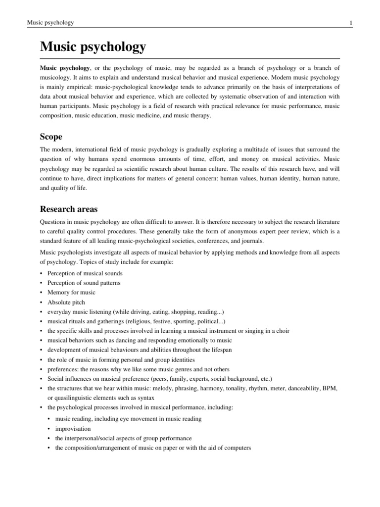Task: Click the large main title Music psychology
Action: pos(93,47)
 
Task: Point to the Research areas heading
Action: pos(71,209)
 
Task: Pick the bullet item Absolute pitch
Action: pos(66,302)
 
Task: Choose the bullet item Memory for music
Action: pos(72,292)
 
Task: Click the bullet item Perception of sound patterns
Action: pos(84,283)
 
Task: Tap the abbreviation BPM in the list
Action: pos(329,389)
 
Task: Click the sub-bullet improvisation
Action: pos(73,429)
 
